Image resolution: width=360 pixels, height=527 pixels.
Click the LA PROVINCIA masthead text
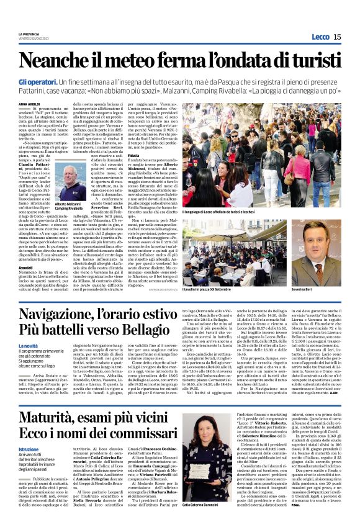(x=30, y=34)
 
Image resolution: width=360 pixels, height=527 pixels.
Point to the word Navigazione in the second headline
(x=83, y=318)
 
